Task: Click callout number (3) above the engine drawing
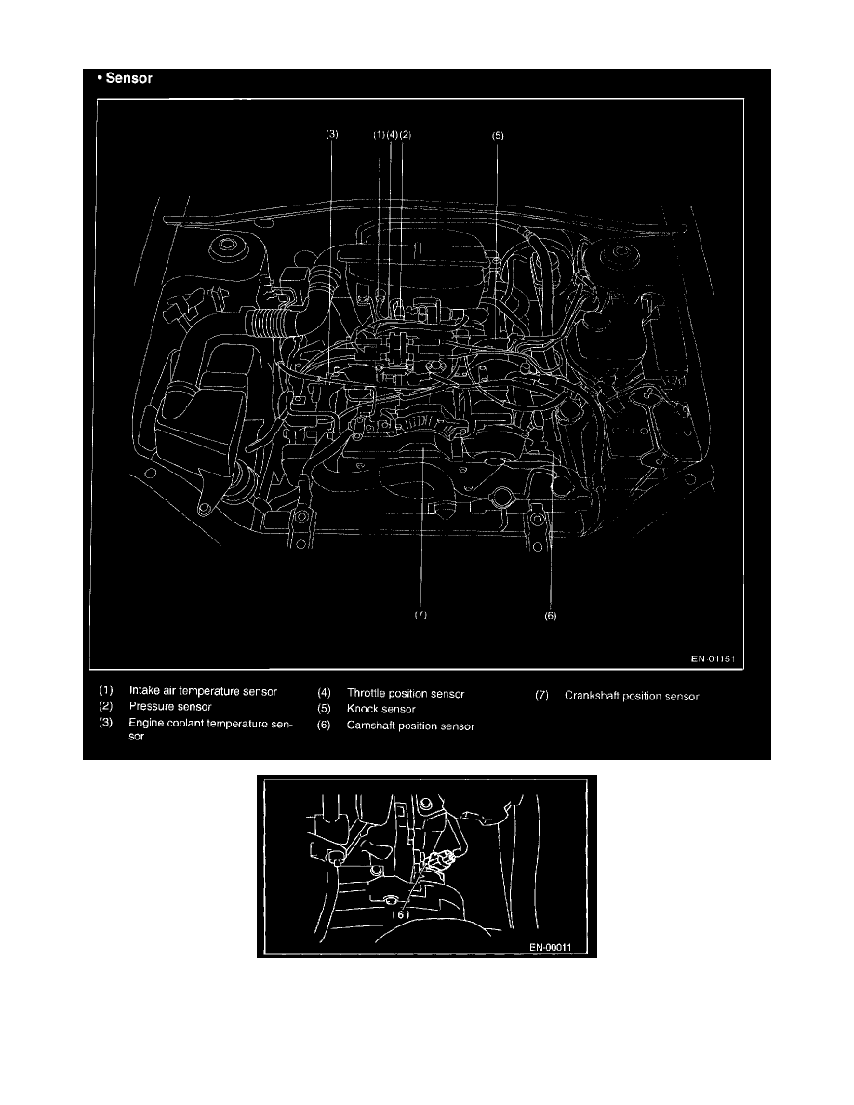(332, 134)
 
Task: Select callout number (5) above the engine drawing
(499, 135)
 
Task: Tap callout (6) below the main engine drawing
(551, 615)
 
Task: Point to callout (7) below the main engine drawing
(420, 615)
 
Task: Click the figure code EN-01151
(713, 659)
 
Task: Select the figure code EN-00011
(551, 947)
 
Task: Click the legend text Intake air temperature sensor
(203, 691)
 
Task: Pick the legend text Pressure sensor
(170, 706)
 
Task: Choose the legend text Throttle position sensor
(406, 694)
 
